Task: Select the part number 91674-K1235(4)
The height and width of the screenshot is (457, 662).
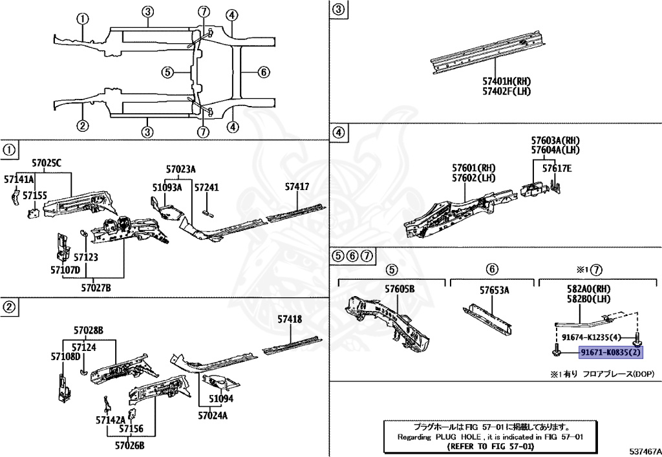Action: click(x=591, y=337)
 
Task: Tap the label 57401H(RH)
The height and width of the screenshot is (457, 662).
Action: click(x=506, y=81)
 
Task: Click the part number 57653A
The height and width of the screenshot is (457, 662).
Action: click(x=494, y=290)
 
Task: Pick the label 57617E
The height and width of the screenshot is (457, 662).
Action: click(x=557, y=169)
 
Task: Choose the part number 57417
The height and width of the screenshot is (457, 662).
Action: click(x=297, y=187)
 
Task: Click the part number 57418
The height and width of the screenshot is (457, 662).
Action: click(x=290, y=319)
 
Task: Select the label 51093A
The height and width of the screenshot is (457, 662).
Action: click(x=167, y=187)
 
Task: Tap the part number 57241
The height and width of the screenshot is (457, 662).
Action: click(x=207, y=187)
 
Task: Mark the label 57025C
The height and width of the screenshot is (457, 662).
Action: click(x=47, y=164)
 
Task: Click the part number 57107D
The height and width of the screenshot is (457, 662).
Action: click(x=65, y=270)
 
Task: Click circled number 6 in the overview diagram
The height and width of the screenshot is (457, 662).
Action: click(x=263, y=72)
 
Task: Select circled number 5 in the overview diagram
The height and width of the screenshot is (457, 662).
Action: click(x=167, y=72)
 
